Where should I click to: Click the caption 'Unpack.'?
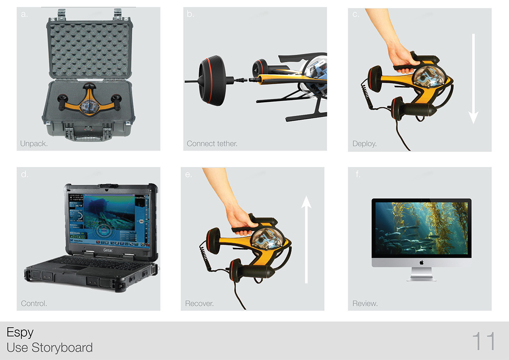(x=34, y=144)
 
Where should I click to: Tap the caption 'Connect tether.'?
(x=212, y=144)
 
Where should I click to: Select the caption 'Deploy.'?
(x=364, y=144)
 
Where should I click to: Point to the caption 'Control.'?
(x=34, y=304)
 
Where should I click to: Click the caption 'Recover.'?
(x=199, y=304)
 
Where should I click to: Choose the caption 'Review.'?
(x=365, y=304)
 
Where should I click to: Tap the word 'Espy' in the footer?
(x=20, y=332)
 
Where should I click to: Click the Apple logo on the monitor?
(x=422, y=263)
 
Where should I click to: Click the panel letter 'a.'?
(x=24, y=14)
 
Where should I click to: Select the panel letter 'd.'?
(x=25, y=174)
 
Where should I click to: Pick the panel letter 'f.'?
(x=358, y=174)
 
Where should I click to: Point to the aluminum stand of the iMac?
(x=421, y=276)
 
